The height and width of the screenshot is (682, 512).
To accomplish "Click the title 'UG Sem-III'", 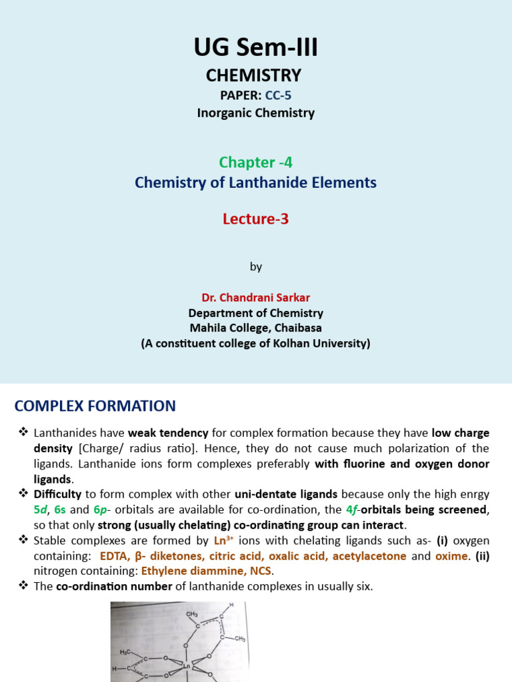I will click(x=255, y=48).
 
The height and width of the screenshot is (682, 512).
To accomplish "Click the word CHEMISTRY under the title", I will click(x=253, y=75).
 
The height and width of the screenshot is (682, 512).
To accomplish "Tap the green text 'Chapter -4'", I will click(x=255, y=163).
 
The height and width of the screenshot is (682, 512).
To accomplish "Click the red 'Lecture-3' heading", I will click(x=255, y=219).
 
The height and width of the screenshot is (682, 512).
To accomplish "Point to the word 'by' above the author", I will click(x=256, y=266).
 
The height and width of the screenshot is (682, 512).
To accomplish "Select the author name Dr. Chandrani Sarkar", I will click(x=255, y=298).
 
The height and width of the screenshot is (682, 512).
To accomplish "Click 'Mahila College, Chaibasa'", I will click(x=255, y=328).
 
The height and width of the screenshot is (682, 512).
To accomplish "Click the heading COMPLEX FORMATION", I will click(x=95, y=406).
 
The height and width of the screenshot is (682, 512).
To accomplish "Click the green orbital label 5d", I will click(x=41, y=510).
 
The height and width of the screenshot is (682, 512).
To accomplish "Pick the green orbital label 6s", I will click(x=61, y=510).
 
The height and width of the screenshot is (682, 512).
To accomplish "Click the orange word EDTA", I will click(x=113, y=556).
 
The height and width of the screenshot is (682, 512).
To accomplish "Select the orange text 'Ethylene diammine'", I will click(x=193, y=571).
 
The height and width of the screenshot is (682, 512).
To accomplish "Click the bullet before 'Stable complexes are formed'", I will click(x=23, y=540).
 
